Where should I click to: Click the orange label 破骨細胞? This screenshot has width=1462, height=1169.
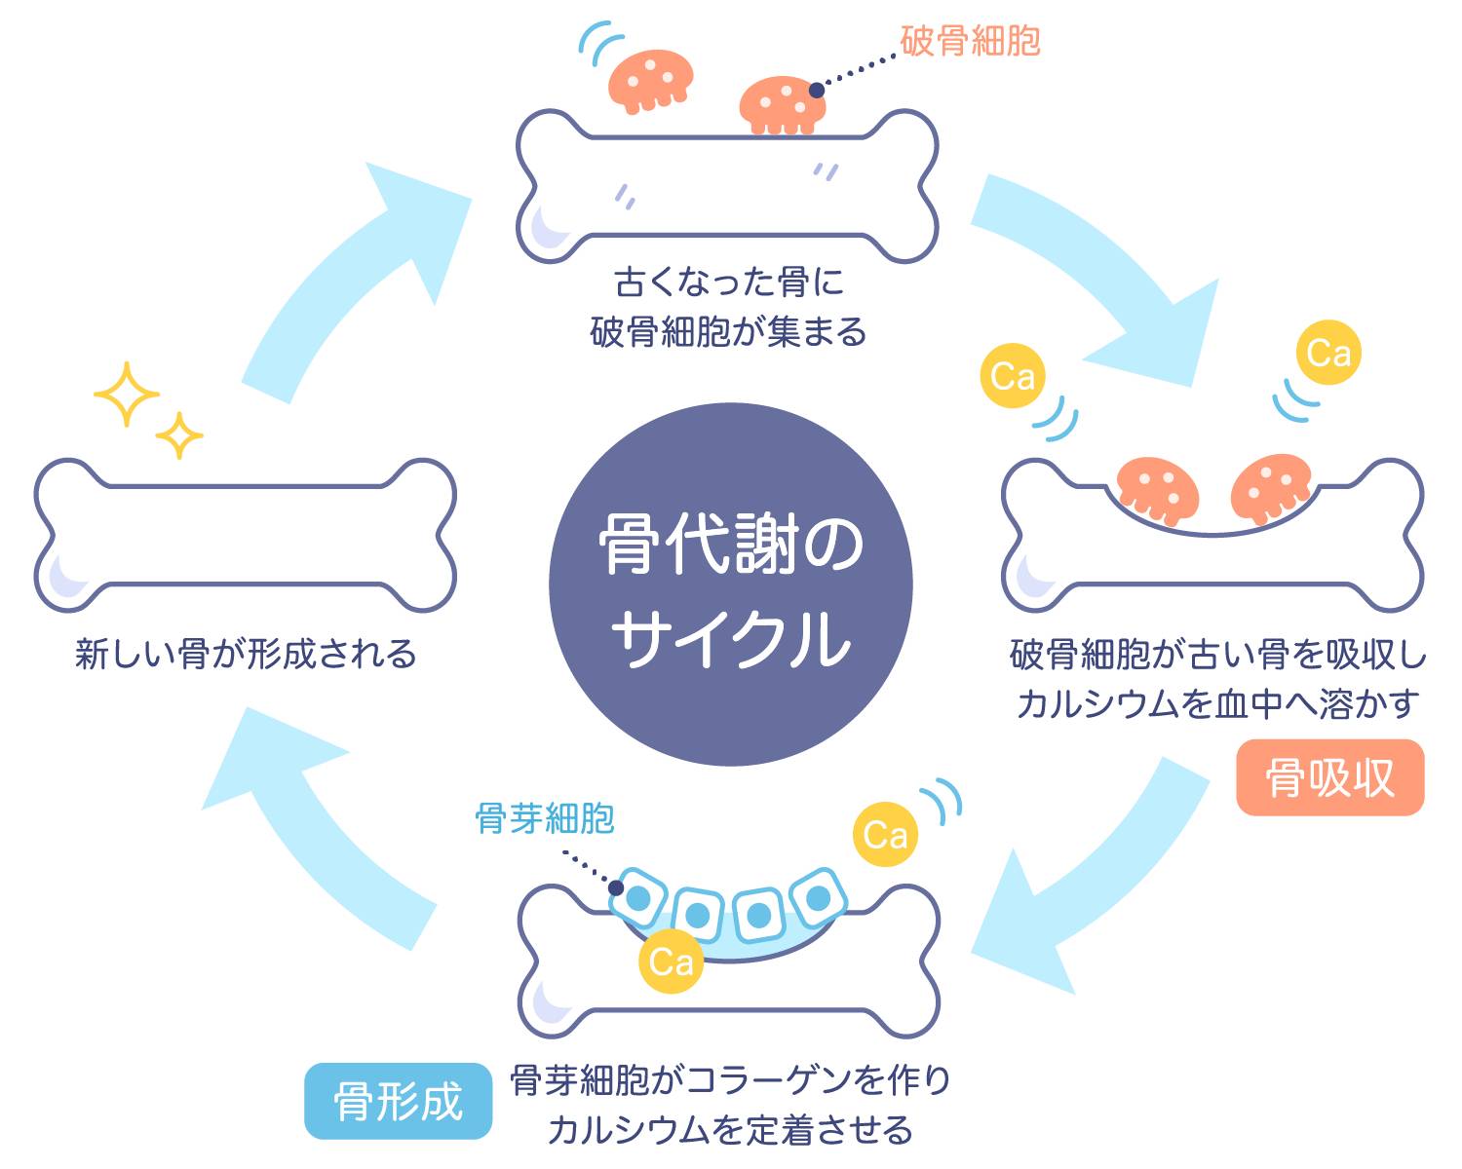point(970,42)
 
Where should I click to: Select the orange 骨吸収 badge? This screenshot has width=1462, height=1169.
point(1329,777)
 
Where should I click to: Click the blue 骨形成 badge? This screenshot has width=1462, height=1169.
point(398,1101)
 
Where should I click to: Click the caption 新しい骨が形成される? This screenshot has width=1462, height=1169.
point(246,654)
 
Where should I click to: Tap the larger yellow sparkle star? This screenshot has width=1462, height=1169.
point(126,395)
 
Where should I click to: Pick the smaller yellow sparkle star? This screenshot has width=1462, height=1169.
point(179,435)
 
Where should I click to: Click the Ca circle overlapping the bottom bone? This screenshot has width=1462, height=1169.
point(671,962)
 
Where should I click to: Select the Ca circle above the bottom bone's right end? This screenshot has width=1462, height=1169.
point(885,835)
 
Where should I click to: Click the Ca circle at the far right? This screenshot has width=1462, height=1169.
point(1327,353)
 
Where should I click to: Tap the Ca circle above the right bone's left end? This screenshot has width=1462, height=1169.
point(1013,376)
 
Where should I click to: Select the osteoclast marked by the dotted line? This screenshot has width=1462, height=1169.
point(783,104)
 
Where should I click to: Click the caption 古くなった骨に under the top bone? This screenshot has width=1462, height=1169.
point(728,283)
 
